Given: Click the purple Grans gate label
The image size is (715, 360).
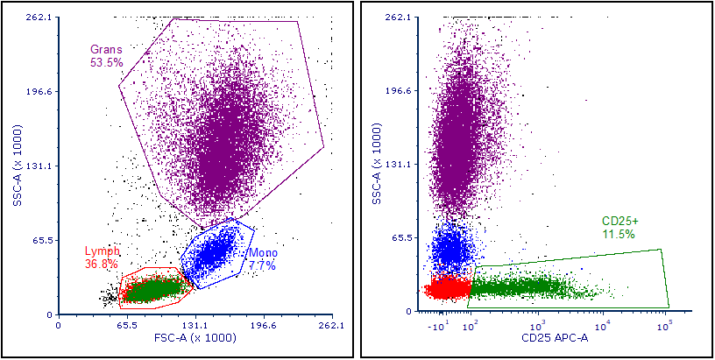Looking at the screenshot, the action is coord(106,49).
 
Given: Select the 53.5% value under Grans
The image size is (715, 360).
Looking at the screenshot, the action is coord(106,62).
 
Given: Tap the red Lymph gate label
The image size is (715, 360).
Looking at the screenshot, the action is coord(103,251).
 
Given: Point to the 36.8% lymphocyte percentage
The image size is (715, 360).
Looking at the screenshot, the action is coord(102,264).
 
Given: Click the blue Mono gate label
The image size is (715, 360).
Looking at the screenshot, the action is coord(262,253).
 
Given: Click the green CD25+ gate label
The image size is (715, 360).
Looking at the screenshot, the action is coord(620,221).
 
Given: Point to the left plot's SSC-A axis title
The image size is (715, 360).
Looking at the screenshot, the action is coord(17,166).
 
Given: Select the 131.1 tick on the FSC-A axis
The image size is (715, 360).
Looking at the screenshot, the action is coord(195,326).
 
